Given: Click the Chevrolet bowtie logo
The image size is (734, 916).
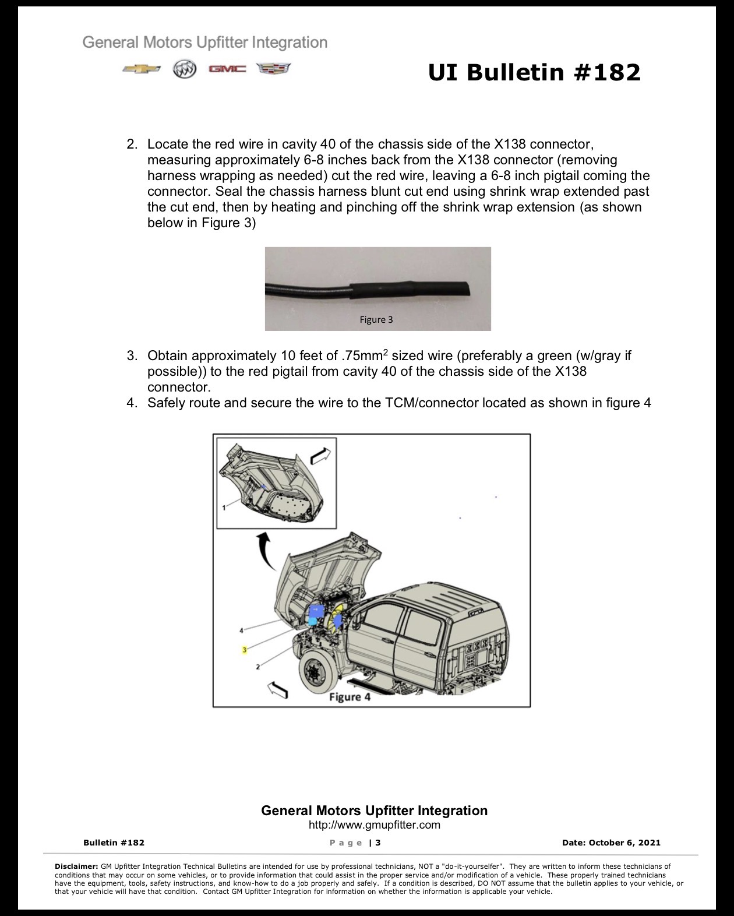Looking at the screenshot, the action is [x=142, y=69].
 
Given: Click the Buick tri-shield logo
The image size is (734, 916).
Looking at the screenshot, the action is [x=185, y=69].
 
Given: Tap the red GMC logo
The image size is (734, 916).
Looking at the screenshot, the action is [x=227, y=69].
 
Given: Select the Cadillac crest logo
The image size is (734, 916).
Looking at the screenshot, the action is [x=274, y=69].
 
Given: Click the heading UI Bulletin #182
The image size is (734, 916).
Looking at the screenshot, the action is [x=534, y=72].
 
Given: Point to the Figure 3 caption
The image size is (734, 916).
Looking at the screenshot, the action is [x=376, y=320].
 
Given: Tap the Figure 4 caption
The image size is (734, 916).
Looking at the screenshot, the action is [x=350, y=697].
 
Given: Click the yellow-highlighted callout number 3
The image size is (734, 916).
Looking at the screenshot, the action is [x=244, y=650].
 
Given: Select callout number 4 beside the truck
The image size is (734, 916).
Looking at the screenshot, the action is [x=241, y=630].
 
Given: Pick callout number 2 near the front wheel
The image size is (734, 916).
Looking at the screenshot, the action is [x=257, y=667].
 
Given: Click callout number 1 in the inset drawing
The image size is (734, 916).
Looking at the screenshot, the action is [x=224, y=508].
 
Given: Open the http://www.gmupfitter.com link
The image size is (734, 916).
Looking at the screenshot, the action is [x=375, y=825].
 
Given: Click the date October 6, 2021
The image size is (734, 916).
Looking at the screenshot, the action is [x=624, y=843].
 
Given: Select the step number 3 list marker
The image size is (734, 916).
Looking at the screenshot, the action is [x=132, y=355].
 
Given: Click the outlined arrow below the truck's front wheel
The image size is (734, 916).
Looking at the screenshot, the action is [x=277, y=689].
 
